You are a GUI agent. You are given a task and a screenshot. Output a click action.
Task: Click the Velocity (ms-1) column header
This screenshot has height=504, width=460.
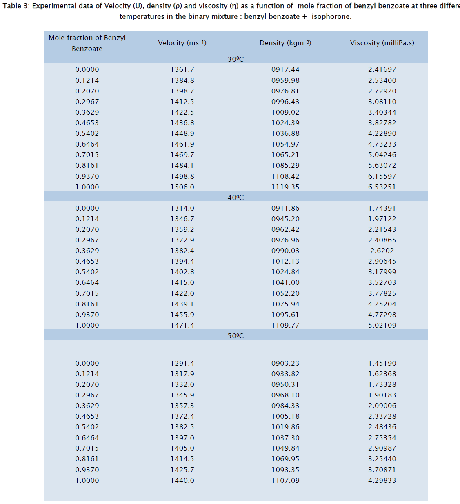click(x=182, y=43)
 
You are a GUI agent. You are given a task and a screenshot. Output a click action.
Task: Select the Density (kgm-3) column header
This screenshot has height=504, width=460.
click(x=285, y=43)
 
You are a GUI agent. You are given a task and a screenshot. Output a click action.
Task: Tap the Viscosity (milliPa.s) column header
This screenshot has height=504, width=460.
click(x=382, y=43)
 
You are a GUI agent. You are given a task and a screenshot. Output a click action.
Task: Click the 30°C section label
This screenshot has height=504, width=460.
click(x=236, y=59)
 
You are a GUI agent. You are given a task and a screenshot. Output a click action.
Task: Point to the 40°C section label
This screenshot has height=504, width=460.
click(x=236, y=198)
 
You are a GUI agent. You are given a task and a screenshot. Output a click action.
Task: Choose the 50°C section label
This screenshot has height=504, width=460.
click(x=236, y=336)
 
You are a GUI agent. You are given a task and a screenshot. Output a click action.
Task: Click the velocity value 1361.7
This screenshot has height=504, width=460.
click(x=182, y=69)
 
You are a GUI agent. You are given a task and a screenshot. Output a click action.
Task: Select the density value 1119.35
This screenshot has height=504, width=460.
click(x=285, y=187)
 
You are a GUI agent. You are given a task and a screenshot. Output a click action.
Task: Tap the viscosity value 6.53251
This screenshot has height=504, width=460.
click(x=382, y=187)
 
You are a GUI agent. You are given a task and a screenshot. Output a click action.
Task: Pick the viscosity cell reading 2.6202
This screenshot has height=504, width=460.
click(x=382, y=251)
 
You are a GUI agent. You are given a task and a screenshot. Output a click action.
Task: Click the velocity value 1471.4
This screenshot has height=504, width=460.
click(x=182, y=325)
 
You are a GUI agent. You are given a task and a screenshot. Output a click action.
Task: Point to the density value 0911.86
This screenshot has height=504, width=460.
click(x=285, y=208)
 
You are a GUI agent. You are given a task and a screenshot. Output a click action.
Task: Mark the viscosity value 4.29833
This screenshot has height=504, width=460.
click(x=382, y=480)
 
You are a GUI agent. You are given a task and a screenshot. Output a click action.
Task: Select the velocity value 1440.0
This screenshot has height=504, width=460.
click(x=182, y=480)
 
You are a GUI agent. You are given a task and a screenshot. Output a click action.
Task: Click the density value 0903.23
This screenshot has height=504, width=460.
click(x=285, y=363)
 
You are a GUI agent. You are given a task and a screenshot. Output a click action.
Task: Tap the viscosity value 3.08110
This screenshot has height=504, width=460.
click(x=382, y=102)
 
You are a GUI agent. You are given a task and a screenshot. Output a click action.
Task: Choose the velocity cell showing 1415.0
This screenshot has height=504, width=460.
click(x=182, y=282)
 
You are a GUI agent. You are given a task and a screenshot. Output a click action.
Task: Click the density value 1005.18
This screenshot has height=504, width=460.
click(x=285, y=416)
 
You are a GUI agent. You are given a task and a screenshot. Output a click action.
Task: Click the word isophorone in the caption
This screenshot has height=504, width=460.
click(x=331, y=16)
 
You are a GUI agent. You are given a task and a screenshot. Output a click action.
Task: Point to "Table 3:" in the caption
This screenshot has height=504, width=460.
click(x=16, y=6)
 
